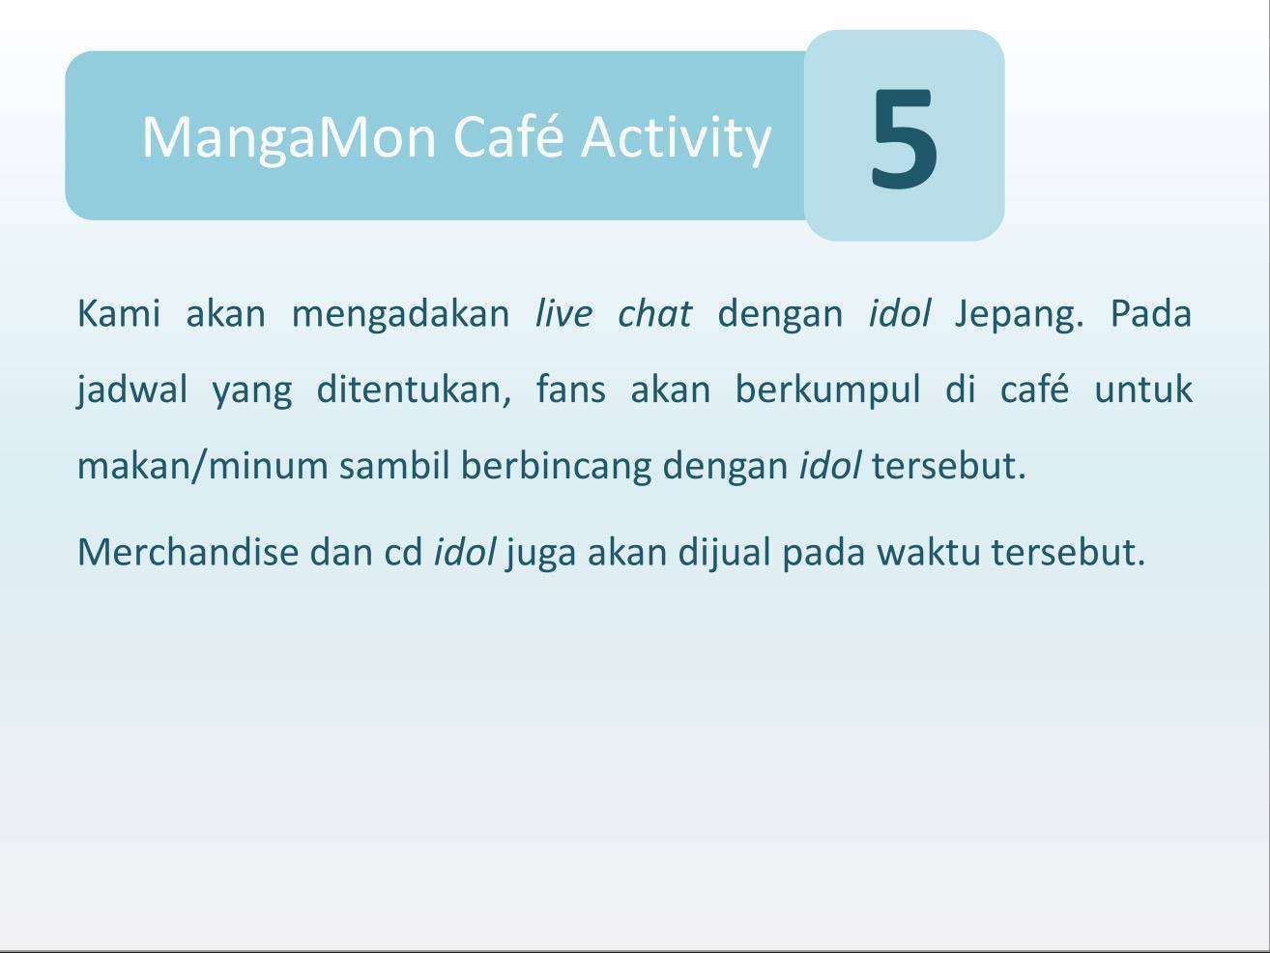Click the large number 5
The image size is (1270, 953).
click(903, 139)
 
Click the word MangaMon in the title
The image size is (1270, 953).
click(289, 138)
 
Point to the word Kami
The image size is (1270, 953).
click(119, 313)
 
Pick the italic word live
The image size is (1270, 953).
click(563, 313)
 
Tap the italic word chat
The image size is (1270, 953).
click(654, 313)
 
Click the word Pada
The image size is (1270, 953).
click(1150, 313)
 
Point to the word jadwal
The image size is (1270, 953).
click(131, 390)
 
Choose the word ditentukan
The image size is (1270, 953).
click(414, 389)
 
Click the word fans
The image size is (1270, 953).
click(570, 389)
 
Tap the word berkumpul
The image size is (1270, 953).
click(827, 390)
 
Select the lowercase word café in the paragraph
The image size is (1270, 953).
click(1034, 389)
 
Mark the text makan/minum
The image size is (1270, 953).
click(203, 465)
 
